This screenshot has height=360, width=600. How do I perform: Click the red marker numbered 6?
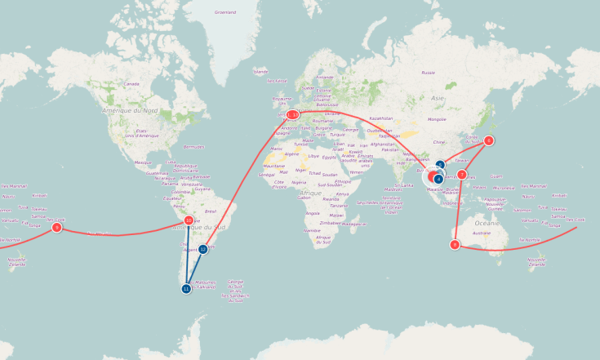coord(489,140)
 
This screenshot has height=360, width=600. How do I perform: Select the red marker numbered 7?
coord(462,175)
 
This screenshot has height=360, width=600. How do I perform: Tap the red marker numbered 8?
coord(455,244)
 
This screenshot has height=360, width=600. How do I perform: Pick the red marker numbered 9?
coord(56,228)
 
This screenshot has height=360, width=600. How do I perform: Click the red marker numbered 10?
coord(189,220)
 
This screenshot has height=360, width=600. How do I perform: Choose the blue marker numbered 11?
coord(186,288)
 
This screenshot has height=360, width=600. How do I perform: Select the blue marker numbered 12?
coord(203,249)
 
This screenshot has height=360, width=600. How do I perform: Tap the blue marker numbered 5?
coord(440,165)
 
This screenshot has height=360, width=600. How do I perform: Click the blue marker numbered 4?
coord(438,179)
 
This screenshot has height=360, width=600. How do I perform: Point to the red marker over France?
coord(292,115)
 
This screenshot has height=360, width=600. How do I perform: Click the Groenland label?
coord(224,12)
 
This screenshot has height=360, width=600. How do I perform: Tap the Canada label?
coord(131,83)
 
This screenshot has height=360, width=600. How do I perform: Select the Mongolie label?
coord(437,119)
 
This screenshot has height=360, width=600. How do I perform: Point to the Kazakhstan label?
coord(381,118)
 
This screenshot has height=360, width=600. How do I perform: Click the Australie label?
coord(482,233)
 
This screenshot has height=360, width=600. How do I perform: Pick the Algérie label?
coord(291,153)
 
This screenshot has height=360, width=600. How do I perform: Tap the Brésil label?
coord(211,211)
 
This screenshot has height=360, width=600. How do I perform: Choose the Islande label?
coord(260,71)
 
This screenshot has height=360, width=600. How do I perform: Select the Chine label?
coord(438,142)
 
